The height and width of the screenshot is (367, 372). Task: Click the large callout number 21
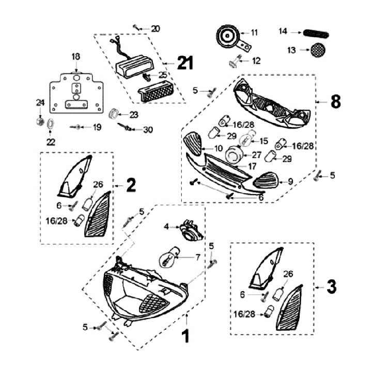(x=184, y=62)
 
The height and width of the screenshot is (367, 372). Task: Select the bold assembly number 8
(x=335, y=102)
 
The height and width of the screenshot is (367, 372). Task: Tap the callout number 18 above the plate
(x=76, y=56)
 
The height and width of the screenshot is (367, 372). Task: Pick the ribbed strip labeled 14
(x=316, y=32)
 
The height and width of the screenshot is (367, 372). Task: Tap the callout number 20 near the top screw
(x=156, y=28)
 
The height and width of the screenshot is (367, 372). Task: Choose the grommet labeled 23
(x=114, y=114)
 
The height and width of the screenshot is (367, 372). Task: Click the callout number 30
(x=148, y=130)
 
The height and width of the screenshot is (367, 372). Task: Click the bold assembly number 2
(x=131, y=185)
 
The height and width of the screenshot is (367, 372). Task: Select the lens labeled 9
(x=266, y=181)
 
